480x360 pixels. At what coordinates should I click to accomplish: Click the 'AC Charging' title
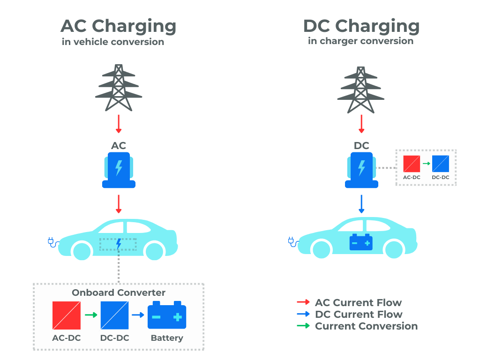(118, 26)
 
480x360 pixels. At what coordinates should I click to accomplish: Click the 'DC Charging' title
(361, 26)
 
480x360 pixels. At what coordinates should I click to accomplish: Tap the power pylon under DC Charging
(361, 90)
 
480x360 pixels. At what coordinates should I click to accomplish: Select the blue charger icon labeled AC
(119, 170)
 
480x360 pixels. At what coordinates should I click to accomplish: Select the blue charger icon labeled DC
(361, 170)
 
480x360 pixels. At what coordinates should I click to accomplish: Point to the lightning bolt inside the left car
(119, 244)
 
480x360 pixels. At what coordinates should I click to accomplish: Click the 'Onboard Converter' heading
(119, 292)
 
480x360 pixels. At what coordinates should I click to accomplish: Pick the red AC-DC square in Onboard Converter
(66, 315)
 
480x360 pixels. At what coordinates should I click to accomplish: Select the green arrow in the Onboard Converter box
(90, 315)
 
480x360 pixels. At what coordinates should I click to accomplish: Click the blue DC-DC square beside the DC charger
(440, 164)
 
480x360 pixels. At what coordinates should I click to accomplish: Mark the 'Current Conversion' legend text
(366, 326)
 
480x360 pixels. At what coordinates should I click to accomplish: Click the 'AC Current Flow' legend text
(358, 303)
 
